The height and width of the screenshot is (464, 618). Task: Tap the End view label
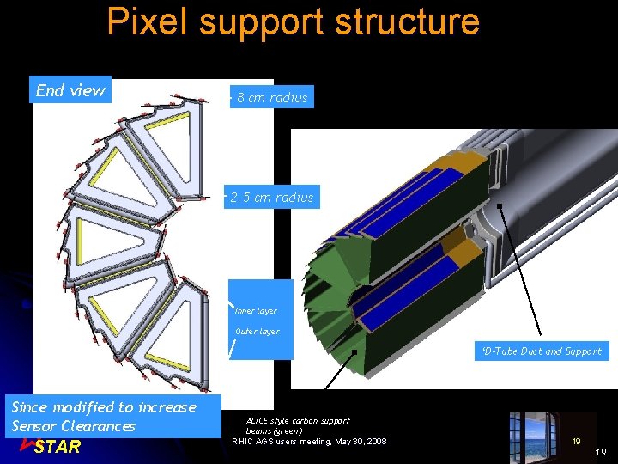(70, 90)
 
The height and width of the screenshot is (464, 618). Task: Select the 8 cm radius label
(272, 98)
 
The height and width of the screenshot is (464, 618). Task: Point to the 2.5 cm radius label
(272, 198)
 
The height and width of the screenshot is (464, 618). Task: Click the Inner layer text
(256, 311)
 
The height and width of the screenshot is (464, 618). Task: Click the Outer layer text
(257, 332)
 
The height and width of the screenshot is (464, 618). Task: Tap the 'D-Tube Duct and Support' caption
(542, 351)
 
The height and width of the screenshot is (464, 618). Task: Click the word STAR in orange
(58, 447)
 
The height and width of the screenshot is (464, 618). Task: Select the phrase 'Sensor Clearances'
(74, 426)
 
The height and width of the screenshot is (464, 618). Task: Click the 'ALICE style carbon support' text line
(298, 421)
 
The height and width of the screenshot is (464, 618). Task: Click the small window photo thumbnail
(538, 433)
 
